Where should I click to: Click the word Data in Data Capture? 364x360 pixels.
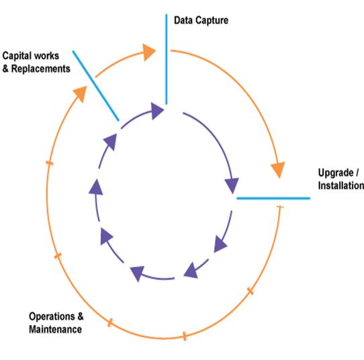coord(183,20)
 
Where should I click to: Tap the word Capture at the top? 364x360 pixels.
coord(212,21)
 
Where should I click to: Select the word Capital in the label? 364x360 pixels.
coord(16,56)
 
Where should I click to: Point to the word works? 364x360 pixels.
coord(46,56)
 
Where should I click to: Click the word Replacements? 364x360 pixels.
coord(40,69)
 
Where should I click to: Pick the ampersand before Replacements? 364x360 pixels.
coord(5,69)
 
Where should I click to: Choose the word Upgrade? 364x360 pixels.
coord(336,173)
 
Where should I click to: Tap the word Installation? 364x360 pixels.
coord(341,185)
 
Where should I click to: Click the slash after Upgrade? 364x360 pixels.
coord(357,173)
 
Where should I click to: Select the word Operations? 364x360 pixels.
coord(52,316)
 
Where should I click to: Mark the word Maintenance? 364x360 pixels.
coord(55,329)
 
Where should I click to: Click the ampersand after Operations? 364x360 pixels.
coord(81,316)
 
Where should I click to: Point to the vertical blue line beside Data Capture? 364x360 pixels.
coord(166,59)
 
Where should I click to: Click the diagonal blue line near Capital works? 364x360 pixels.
coord(96,86)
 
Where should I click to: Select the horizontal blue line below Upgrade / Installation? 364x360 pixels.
coord(273,198)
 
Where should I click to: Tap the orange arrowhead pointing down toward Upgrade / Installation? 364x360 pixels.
coord(278,169)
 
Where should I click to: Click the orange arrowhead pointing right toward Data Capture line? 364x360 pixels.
coord(148,52)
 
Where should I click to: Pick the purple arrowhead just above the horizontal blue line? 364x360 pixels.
coord(232,185)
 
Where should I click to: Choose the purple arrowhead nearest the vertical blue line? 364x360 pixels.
coord(157,111)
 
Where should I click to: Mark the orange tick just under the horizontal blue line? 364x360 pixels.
coord(280,207)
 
